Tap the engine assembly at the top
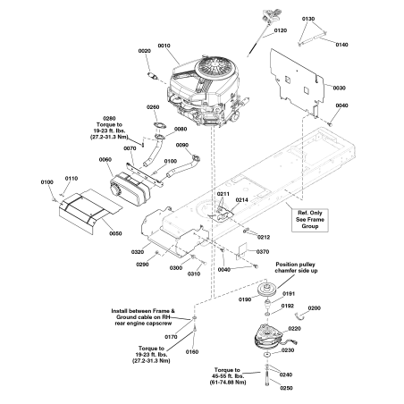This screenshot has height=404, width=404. click(x=204, y=85)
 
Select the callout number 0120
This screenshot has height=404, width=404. click(x=281, y=29)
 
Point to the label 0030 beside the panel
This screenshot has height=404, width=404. click(x=339, y=88)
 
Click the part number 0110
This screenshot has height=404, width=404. click(x=70, y=179)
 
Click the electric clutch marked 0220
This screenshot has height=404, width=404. click(x=269, y=338)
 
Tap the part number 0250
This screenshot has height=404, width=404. click(x=287, y=389)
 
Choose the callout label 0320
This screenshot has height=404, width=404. click(x=137, y=252)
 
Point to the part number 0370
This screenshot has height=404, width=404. click(x=262, y=252)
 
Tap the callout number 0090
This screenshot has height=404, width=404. click(x=181, y=144)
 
